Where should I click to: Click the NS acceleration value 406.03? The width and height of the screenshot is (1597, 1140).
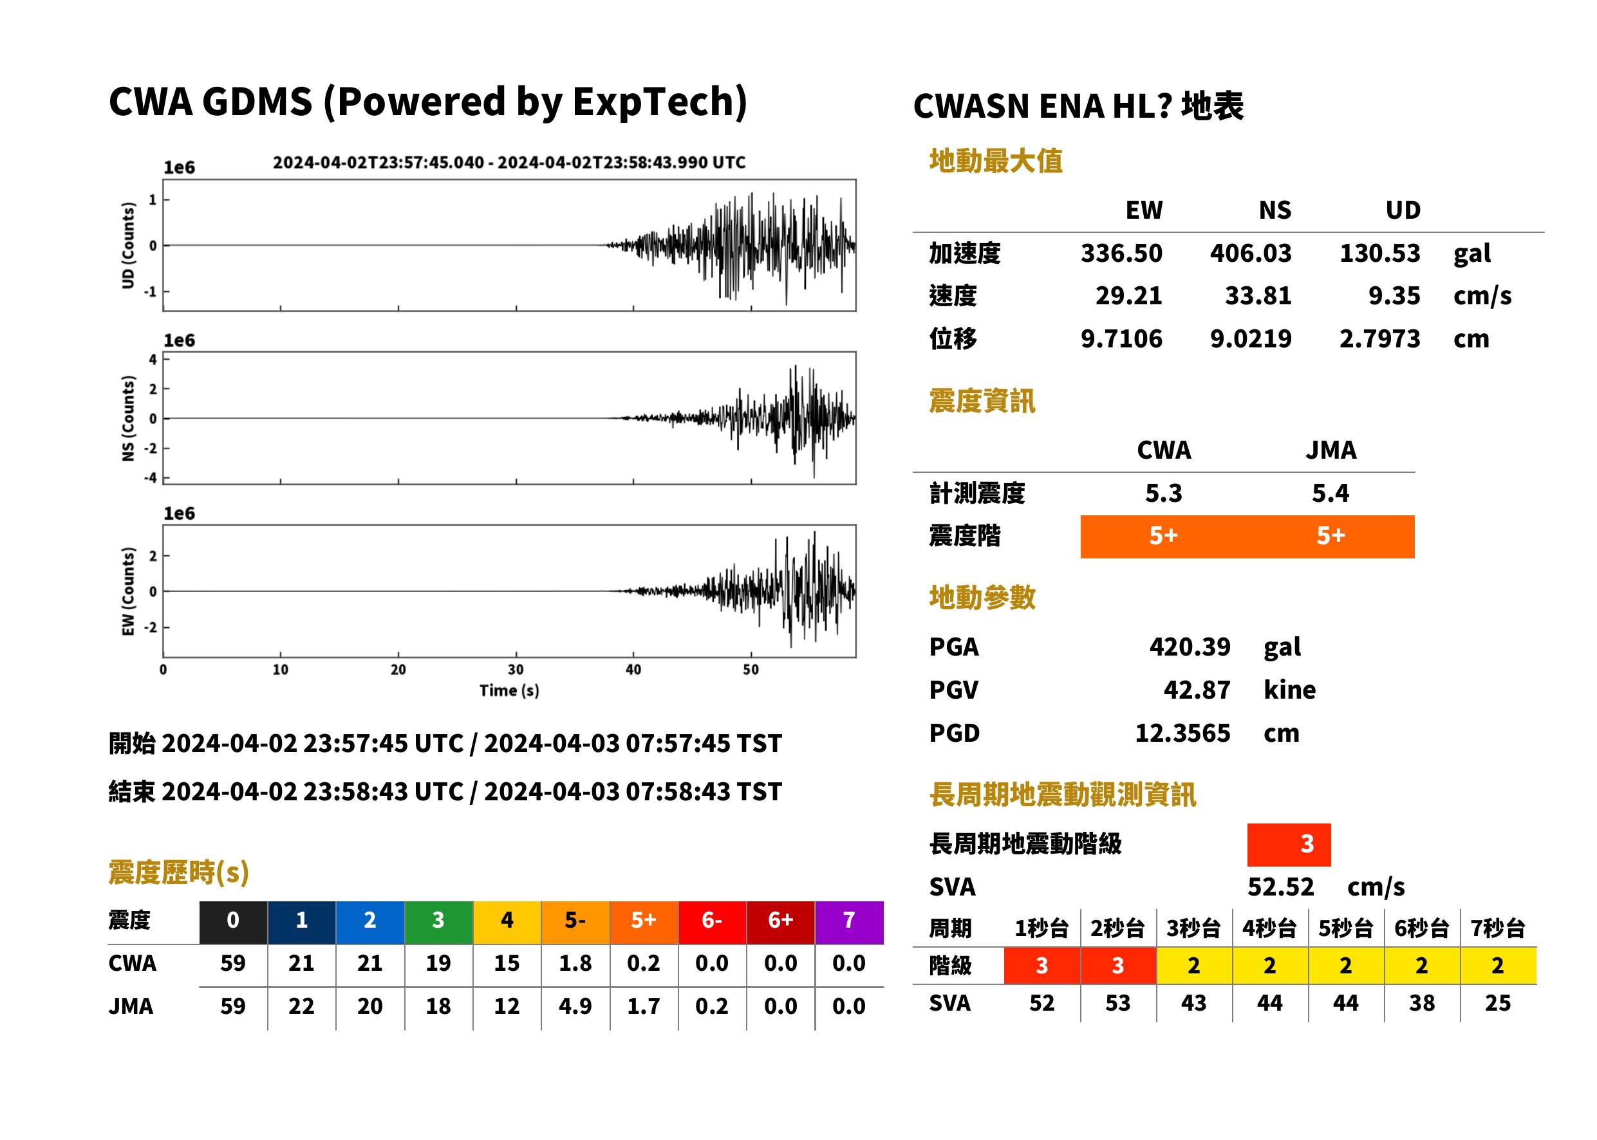1250,253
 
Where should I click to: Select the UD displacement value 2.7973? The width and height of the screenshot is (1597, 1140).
1379,338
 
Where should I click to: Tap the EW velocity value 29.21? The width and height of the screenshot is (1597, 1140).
1128,295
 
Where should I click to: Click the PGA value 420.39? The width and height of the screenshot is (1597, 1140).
1190,647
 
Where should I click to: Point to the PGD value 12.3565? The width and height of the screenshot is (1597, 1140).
1182,733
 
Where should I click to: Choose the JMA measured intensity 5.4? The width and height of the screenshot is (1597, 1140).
1330,493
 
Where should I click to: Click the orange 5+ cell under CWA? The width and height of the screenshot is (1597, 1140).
1164,537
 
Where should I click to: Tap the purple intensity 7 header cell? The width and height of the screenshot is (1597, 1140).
849,922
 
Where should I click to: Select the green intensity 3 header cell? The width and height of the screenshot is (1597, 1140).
438,922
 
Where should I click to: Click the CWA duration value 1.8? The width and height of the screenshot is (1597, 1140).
575,963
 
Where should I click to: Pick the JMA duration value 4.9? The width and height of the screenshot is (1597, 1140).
575,1006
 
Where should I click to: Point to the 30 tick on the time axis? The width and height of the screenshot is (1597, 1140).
516,670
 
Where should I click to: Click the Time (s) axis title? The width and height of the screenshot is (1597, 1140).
509,691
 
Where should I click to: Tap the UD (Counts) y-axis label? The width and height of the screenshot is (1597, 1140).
128,245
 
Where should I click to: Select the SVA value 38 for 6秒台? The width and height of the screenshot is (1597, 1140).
1421,1002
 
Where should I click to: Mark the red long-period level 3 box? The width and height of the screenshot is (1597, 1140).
1289,845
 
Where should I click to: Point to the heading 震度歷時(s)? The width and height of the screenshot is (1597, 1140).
179,872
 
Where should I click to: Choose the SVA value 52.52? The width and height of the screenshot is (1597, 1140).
1280,887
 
